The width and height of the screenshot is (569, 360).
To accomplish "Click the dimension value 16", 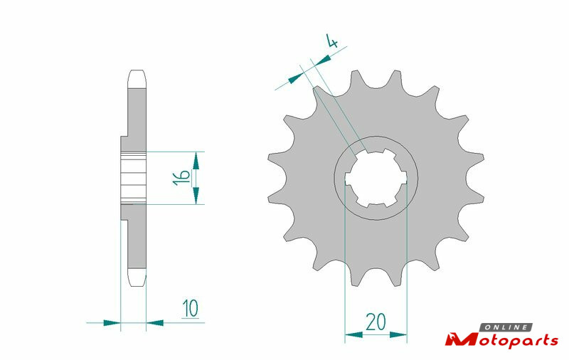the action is [181, 177].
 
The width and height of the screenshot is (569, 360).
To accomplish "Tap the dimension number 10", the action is [191, 309].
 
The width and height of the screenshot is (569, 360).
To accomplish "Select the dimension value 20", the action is [376, 322].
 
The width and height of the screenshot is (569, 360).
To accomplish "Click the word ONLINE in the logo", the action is [506, 327].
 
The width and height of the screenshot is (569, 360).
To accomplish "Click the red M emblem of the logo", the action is [456, 339].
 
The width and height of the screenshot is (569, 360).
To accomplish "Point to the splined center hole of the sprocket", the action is [376, 178].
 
